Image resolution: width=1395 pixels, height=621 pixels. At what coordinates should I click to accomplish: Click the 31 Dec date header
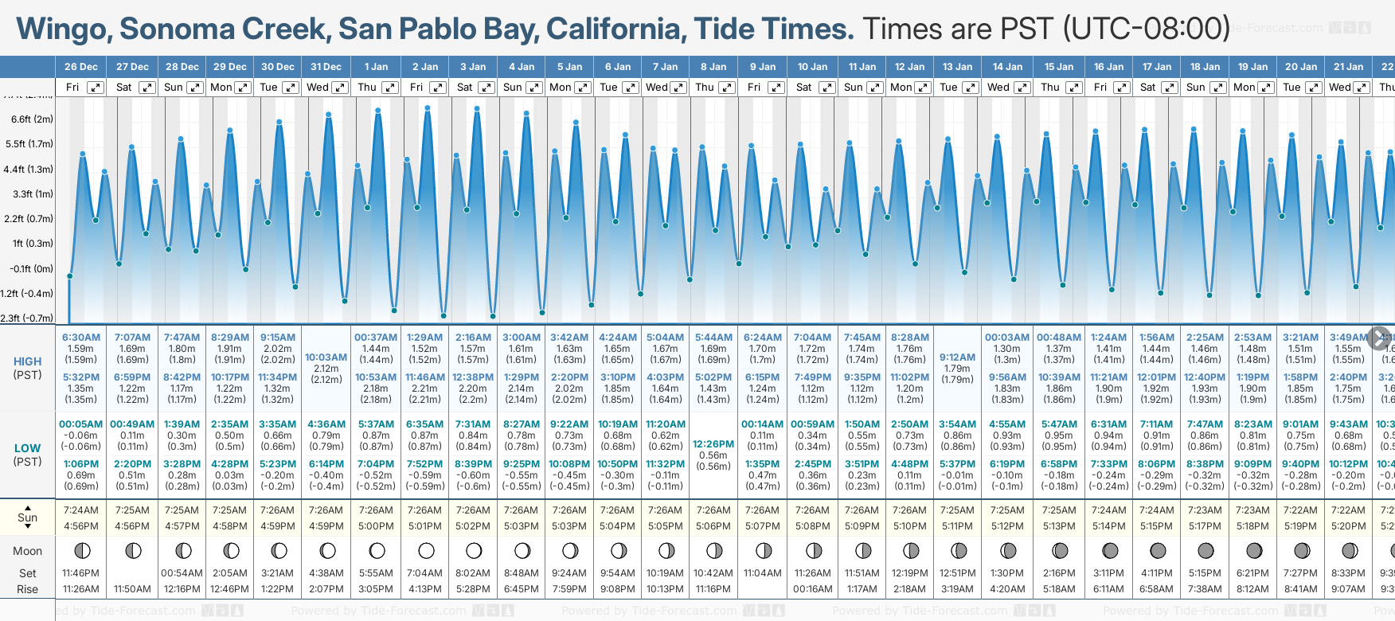coord(326,67)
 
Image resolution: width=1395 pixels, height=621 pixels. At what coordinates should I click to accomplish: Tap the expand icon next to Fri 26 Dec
coord(95,88)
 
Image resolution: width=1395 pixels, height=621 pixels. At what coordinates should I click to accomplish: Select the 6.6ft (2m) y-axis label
coord(32,119)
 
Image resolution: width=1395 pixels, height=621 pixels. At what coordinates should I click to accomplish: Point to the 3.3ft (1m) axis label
coord(33,193)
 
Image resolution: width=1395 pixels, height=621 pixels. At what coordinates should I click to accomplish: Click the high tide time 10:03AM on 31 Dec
coord(326,357)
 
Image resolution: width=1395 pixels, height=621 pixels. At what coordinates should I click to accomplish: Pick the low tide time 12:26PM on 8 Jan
coord(713,444)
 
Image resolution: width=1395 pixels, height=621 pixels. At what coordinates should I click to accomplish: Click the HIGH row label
coord(27,361)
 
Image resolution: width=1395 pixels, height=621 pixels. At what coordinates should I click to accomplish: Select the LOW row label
coord(27,448)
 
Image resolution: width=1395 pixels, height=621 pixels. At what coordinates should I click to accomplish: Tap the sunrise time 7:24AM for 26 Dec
coord(80,510)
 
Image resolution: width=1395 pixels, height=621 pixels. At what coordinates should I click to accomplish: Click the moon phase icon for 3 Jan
coord(474,551)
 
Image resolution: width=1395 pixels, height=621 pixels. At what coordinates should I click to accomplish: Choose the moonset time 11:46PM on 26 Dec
coord(80,573)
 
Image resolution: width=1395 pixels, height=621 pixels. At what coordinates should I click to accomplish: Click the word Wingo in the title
coord(63,29)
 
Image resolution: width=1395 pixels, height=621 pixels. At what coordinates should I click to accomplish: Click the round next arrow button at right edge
coord(1379,338)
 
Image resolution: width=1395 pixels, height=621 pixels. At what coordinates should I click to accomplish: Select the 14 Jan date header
coord(1008,67)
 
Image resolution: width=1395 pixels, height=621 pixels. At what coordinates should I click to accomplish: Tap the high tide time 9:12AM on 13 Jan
coord(957,357)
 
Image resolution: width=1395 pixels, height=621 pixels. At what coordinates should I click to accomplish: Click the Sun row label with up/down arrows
coord(27,517)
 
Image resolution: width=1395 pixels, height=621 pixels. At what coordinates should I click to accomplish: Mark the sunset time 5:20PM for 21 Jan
coord(1348,526)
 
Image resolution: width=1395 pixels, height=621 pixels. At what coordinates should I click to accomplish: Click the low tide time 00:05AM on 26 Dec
coord(80,424)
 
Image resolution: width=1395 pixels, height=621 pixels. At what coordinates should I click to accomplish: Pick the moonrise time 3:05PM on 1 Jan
coord(376,589)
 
